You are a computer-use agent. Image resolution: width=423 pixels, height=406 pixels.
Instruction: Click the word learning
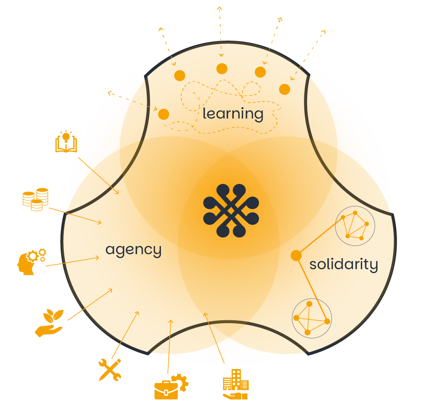tap(233, 114)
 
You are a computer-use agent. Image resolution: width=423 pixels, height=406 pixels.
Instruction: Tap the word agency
tap(134, 250)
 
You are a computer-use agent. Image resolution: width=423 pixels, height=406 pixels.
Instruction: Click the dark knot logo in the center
tap(231, 211)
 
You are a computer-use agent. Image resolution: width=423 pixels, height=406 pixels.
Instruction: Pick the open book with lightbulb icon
tap(66, 142)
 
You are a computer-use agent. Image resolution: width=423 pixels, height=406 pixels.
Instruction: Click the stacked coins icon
tap(36, 199)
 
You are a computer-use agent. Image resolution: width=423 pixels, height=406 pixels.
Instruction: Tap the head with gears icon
tap(31, 261)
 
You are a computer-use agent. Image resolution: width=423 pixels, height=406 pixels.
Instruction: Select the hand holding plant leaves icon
tap(49, 323)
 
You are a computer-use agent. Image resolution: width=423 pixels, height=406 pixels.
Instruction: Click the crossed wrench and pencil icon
tap(110, 370)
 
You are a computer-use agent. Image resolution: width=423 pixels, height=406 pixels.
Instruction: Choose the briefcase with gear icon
tap(171, 387)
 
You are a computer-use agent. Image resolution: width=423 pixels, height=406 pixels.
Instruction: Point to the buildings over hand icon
tap(236, 384)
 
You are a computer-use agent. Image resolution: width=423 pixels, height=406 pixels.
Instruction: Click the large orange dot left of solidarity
tap(296, 255)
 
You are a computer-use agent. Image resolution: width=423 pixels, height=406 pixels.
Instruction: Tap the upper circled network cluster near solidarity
tap(355, 226)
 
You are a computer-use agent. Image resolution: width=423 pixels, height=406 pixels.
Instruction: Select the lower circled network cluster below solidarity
tap(312, 318)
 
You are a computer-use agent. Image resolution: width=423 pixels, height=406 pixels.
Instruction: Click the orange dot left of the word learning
tap(163, 114)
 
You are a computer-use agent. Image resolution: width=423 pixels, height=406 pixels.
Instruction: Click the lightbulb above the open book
tap(66, 136)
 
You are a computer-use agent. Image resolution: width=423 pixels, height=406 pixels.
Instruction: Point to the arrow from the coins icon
tap(75, 216)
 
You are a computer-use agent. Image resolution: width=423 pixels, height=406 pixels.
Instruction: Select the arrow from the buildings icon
tap(214, 338)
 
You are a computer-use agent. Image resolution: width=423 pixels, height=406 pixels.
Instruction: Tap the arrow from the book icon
tap(98, 175)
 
